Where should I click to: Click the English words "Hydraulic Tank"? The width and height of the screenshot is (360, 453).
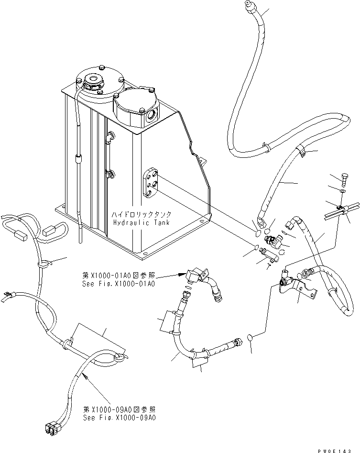coord(137,223)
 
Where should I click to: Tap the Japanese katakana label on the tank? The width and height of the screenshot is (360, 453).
coord(137,215)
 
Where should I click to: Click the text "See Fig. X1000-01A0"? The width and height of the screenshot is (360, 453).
coord(119,284)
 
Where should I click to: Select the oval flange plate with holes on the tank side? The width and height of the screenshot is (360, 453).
coord(151,183)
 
